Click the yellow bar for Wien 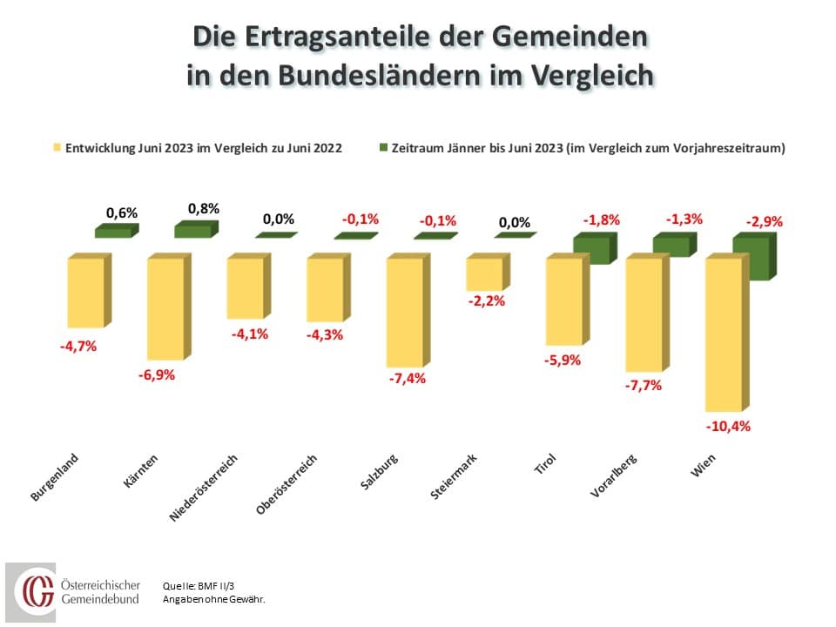(x=723, y=334)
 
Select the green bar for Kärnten (x=192, y=231)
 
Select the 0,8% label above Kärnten (x=203, y=209)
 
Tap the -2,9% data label (x=764, y=221)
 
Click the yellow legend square (x=57, y=148)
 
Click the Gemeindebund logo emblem (x=35, y=591)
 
